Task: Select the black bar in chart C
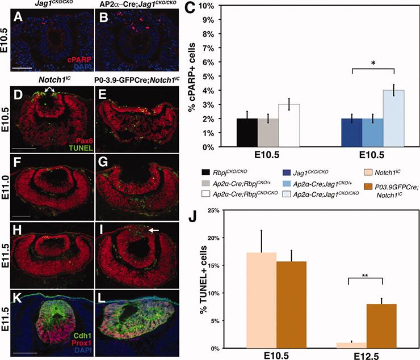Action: click(x=246, y=132)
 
